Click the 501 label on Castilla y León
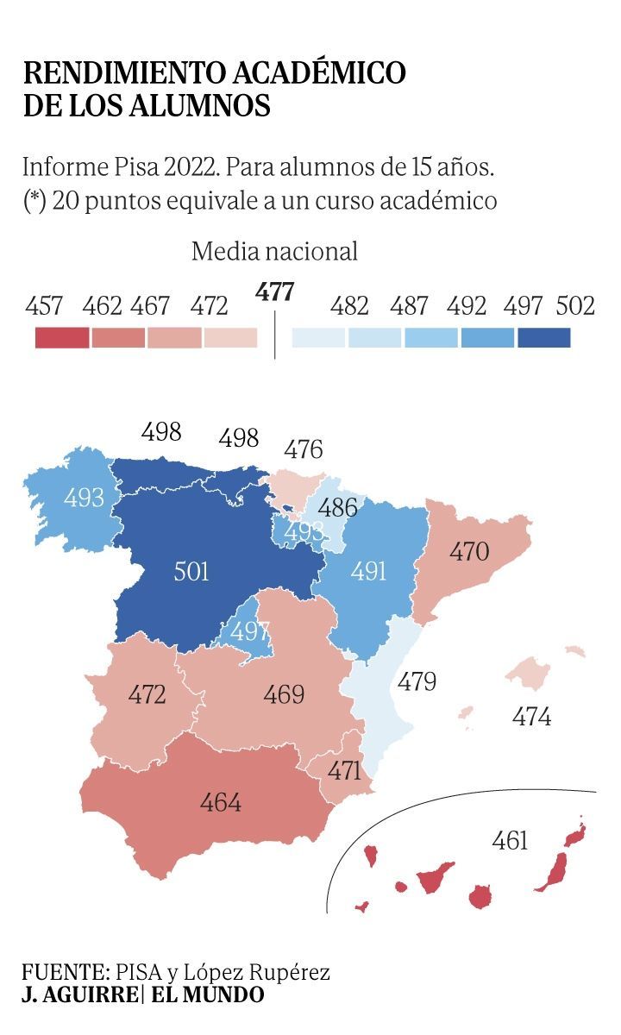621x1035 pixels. pos(191,571)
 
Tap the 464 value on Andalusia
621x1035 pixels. pos(221,802)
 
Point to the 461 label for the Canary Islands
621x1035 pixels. pos(510,839)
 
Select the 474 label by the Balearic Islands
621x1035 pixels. pos(531,716)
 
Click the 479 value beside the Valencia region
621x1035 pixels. pos(417,681)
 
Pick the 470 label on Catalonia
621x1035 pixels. pos(469,552)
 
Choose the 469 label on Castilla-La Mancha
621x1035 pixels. pos(284,694)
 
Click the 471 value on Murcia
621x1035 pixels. pos(344,770)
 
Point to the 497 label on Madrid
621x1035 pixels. pos(250,631)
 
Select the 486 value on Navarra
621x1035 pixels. pos(340,507)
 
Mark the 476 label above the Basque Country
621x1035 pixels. pos(304,449)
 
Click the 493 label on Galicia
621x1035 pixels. pos(84,497)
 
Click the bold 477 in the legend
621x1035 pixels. pos(274,292)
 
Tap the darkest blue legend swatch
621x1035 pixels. pos(544,337)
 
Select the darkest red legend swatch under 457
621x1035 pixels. pos(61,337)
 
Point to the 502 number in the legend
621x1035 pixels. pos(575,305)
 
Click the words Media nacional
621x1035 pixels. pos(274,252)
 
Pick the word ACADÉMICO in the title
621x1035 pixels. pos(307,72)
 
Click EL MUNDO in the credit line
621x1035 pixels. pos(208,994)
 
